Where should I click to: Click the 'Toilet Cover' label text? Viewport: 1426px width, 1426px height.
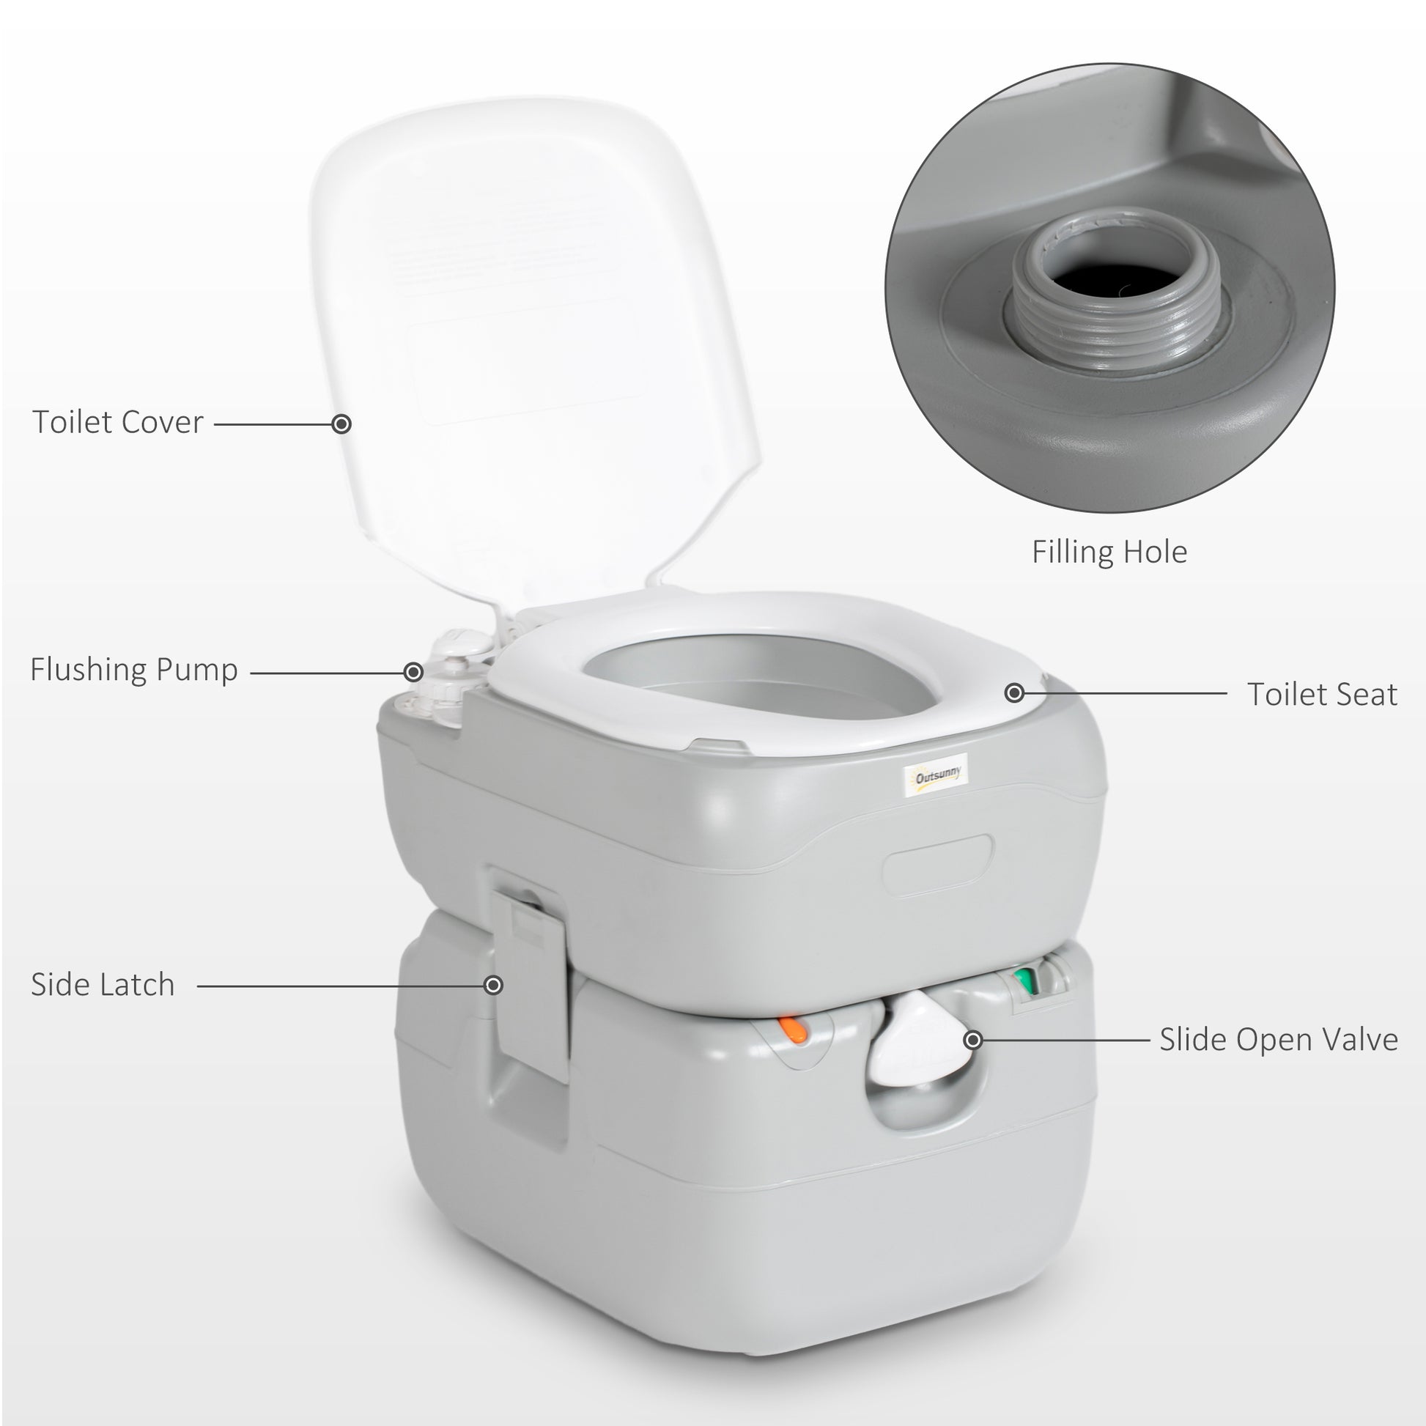117,422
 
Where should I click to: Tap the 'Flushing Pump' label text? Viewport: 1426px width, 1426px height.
133,670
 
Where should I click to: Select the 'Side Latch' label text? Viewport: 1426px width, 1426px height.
103,985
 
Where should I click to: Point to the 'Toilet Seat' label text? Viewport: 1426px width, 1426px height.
1322,695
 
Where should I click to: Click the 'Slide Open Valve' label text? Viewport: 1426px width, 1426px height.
1279,1040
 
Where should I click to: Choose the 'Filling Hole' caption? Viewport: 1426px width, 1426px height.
1109,552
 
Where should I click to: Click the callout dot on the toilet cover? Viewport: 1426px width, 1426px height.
341,424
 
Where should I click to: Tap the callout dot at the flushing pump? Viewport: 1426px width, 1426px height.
413,672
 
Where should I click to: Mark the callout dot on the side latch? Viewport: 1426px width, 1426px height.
493,986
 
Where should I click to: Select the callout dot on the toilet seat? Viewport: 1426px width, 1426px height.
1015,693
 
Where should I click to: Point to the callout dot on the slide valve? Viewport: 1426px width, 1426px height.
974,1040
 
